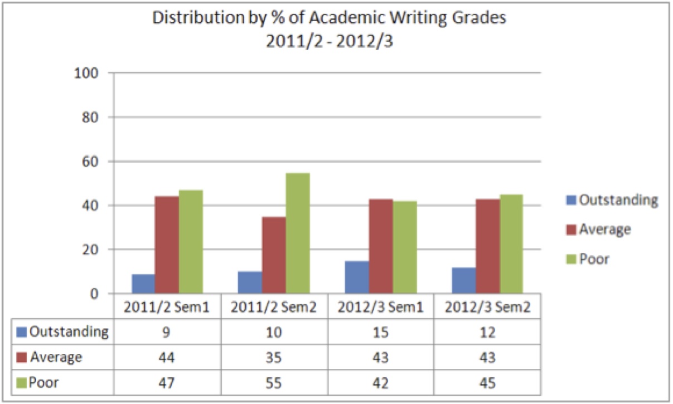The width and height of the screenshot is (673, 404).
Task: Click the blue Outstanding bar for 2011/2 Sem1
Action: click(x=143, y=284)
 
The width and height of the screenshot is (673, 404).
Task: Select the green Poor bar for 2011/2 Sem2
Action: click(x=298, y=233)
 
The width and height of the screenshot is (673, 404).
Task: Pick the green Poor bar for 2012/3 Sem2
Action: click(x=511, y=244)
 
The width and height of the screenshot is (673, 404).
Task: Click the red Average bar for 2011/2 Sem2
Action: click(x=274, y=255)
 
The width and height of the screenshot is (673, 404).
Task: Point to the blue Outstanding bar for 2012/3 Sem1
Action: click(x=357, y=277)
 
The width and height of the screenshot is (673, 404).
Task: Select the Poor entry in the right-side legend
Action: click(x=594, y=259)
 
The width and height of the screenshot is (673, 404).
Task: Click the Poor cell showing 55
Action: click(x=274, y=383)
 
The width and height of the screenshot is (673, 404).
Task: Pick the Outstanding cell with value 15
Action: click(x=380, y=332)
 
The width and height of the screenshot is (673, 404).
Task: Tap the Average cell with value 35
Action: click(x=274, y=357)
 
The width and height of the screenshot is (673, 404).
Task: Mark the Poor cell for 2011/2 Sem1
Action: click(x=167, y=383)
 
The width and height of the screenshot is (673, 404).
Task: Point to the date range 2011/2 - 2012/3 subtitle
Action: click(x=329, y=41)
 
